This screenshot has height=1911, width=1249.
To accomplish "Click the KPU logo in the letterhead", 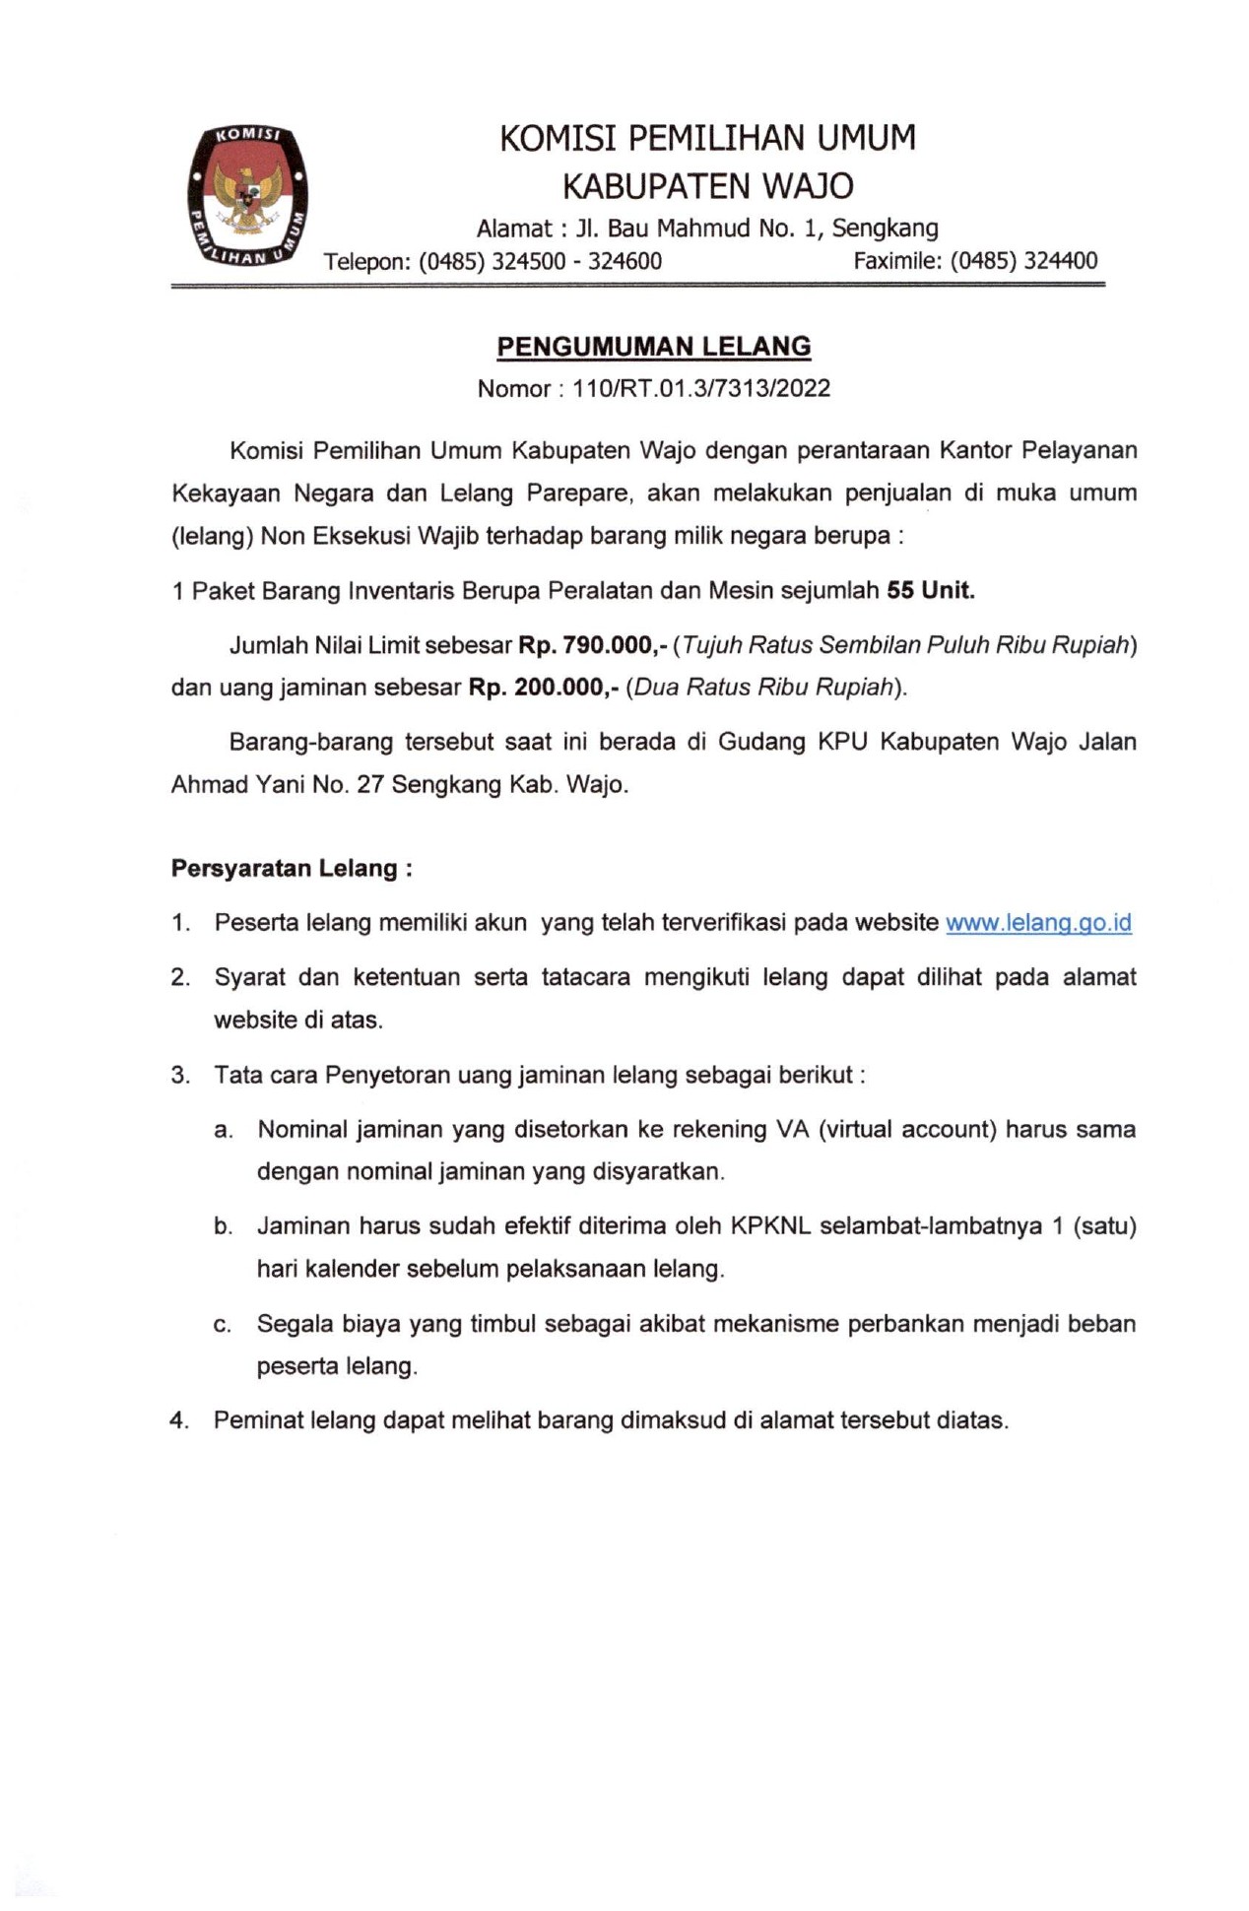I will (248, 196).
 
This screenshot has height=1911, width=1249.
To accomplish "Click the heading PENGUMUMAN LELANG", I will (653, 347).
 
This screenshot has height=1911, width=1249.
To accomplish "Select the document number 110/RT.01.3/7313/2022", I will (701, 389).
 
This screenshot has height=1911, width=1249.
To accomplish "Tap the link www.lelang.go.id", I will (1038, 923).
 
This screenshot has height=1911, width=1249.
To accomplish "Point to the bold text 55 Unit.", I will (930, 591).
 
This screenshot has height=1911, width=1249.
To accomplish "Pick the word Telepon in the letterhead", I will (365, 262).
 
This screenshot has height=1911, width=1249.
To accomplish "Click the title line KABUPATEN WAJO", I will (707, 186).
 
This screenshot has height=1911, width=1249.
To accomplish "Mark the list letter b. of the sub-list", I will (224, 1227).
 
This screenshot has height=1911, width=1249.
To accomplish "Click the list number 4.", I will (178, 1420).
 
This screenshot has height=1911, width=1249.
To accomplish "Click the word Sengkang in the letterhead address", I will (885, 229).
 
